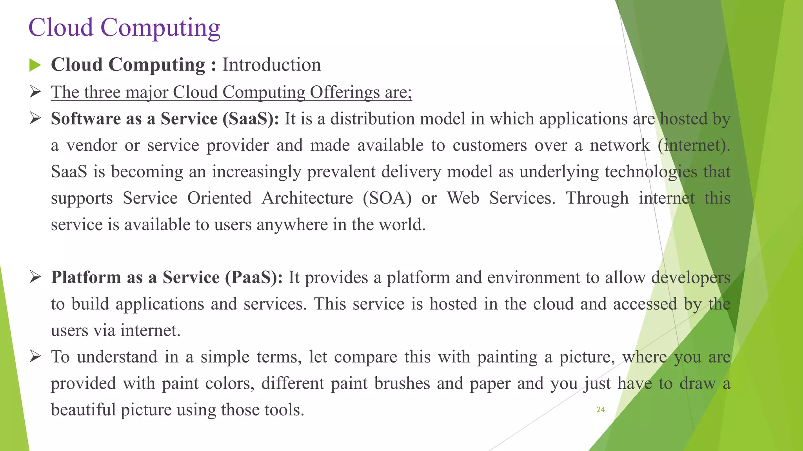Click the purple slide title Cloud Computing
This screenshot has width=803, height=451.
[124, 28]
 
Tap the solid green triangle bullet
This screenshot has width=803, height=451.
[35, 65]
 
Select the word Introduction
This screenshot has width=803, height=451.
[271, 65]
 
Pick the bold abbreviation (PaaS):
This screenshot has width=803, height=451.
[254, 278]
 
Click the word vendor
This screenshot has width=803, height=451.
[92, 146]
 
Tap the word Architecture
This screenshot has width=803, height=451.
[307, 198]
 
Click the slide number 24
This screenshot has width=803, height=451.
[600, 410]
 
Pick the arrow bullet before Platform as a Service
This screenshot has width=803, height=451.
[35, 278]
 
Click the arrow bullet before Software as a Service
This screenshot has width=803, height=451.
[35, 119]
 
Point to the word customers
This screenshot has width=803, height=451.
[490, 146]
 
